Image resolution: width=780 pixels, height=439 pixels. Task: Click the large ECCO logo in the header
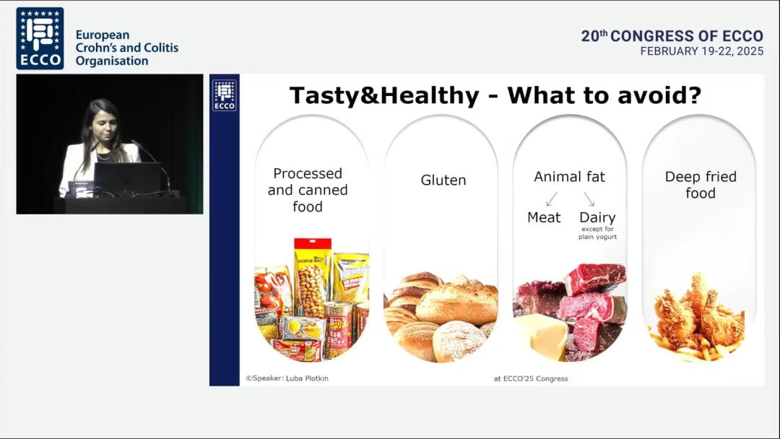40,38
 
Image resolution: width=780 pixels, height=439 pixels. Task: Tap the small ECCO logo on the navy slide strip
225,95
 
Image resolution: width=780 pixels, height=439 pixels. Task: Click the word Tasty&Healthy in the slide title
384,95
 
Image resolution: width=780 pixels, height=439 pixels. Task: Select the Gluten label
443,180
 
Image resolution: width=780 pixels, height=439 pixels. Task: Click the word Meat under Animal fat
544,217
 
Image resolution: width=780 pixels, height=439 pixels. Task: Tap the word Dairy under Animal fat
597,217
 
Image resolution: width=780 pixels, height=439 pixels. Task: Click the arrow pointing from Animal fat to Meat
551,199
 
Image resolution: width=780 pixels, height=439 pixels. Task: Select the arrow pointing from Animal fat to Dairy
589,199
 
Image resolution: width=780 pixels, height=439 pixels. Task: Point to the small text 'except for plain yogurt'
597,232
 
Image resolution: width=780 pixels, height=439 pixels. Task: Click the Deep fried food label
701,184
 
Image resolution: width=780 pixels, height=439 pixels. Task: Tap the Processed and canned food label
308,190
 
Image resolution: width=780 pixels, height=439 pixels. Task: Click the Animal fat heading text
569,176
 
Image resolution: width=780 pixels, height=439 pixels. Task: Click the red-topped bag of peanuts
313,279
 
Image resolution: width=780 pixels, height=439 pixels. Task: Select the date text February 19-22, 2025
701,51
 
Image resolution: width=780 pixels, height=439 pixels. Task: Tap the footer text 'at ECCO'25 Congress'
531,378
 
